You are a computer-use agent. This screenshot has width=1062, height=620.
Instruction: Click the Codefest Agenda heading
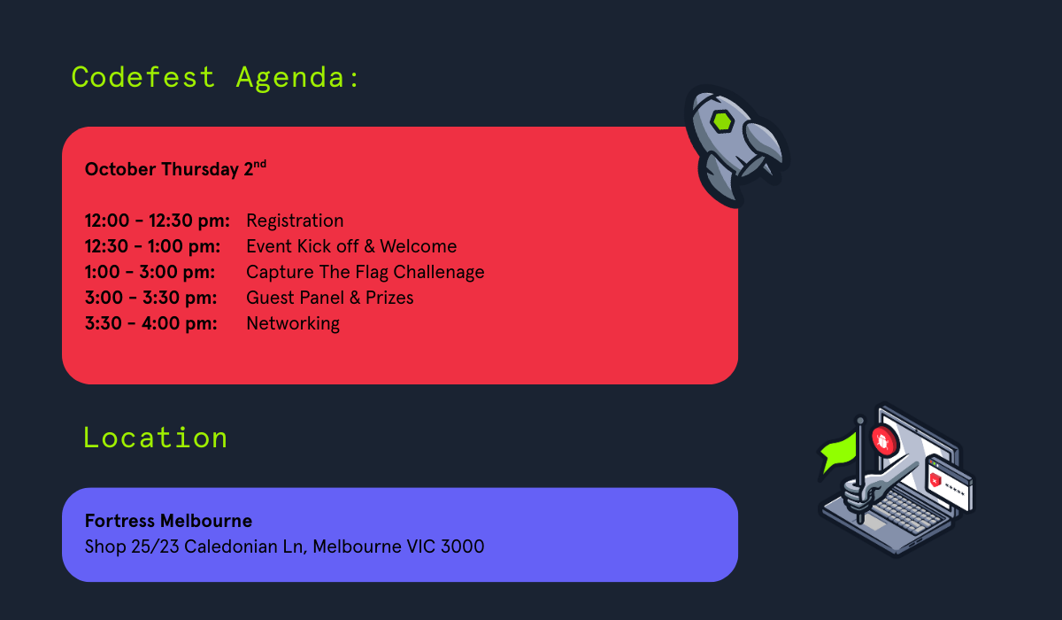click(x=216, y=78)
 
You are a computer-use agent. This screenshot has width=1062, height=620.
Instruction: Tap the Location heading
click(x=156, y=438)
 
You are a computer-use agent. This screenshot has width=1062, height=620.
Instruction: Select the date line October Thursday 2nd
click(x=175, y=169)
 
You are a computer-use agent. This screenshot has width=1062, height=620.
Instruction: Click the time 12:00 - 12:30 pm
click(x=158, y=221)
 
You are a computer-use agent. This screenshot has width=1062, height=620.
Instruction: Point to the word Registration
click(x=295, y=221)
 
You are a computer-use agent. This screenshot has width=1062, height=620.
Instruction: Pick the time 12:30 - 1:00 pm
click(x=153, y=246)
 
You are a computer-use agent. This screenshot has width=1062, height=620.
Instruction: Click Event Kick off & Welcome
click(x=351, y=246)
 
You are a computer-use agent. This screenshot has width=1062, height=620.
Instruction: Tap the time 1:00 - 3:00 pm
click(x=150, y=272)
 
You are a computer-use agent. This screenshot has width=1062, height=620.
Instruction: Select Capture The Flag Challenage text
click(x=365, y=272)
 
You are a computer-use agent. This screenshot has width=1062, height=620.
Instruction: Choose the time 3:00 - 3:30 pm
click(x=150, y=298)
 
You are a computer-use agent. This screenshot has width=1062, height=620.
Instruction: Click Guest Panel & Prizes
click(x=329, y=298)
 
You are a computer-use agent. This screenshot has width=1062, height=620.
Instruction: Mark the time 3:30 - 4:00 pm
click(x=150, y=323)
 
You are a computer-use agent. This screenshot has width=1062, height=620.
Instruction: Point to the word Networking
click(x=293, y=323)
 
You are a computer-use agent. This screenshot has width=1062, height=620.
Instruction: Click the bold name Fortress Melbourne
click(x=168, y=521)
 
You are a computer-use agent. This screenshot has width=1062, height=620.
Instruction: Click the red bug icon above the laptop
click(x=882, y=440)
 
